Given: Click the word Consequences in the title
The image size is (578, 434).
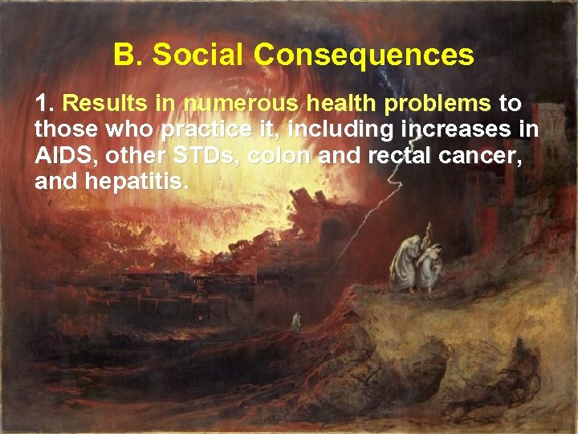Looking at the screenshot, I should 364,55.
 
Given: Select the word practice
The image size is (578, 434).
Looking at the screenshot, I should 202,130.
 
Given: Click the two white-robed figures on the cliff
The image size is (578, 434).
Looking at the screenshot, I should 417,260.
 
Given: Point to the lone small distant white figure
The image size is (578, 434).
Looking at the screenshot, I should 296,321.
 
